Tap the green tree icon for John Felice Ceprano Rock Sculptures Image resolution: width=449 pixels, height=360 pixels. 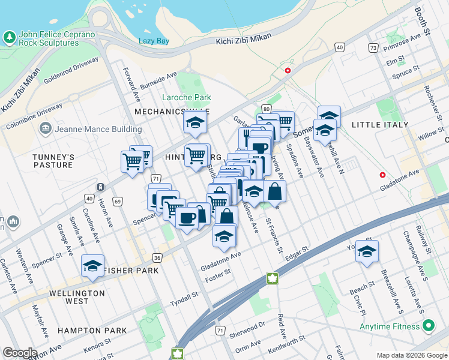10,38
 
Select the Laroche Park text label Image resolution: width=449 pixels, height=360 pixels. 187,97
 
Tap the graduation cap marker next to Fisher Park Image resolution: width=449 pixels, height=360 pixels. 92,266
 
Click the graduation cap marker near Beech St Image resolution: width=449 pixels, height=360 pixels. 366,252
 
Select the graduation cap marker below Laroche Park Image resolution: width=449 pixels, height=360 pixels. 195,123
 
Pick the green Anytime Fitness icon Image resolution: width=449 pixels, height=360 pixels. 428,326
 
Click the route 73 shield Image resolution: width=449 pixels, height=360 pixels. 373,47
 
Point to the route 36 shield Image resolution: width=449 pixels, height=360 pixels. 157,257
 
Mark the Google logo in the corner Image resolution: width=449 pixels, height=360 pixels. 20,353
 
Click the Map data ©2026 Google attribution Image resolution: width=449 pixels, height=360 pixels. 411,355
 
